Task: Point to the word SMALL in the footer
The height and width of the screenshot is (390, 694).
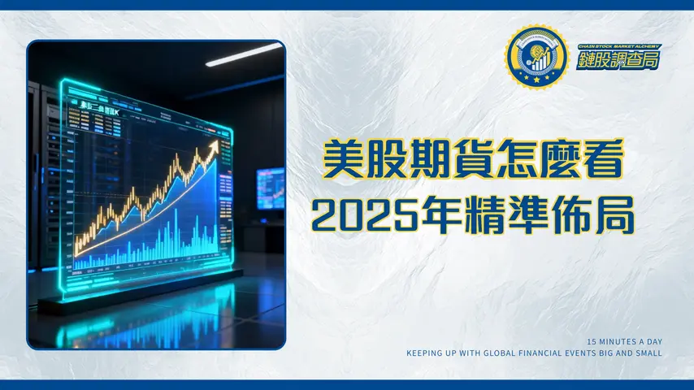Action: pos(647,353)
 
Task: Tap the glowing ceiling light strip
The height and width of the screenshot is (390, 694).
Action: pos(243,54)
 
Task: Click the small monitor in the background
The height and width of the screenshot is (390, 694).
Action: pos(269,188)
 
